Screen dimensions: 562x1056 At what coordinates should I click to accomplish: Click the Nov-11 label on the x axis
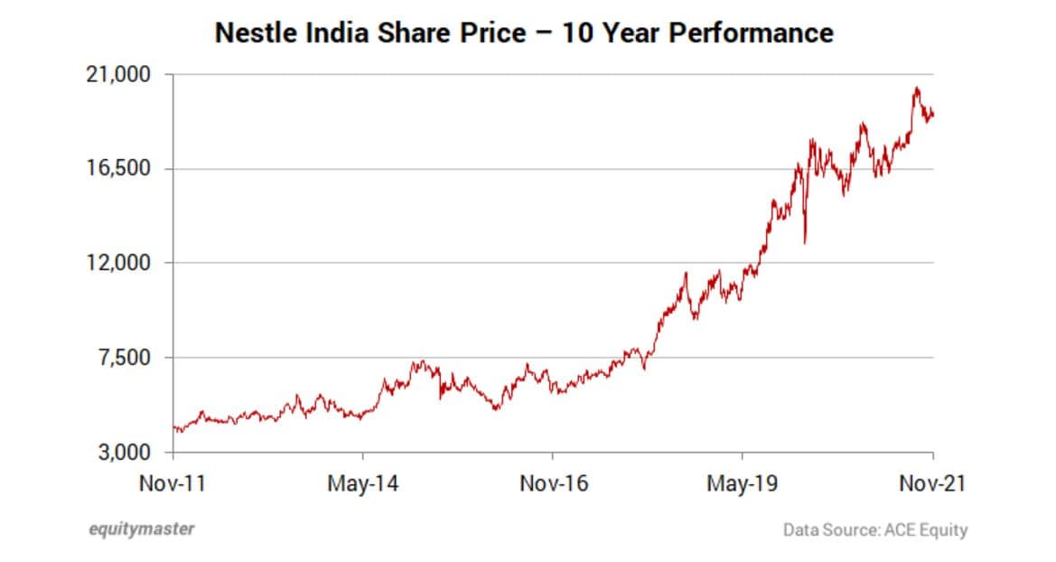173,483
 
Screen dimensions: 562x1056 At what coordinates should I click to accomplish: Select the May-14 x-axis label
361,483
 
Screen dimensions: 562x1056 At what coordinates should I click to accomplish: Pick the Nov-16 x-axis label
553,483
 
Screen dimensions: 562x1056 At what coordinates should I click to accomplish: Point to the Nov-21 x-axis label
932,483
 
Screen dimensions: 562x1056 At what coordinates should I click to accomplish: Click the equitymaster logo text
141,529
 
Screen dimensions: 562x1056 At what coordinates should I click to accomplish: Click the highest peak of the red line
916,88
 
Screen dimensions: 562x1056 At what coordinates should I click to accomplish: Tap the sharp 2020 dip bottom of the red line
804,242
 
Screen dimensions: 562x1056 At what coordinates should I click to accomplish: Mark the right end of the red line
933,114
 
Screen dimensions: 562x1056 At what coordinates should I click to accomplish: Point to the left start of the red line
173,427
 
